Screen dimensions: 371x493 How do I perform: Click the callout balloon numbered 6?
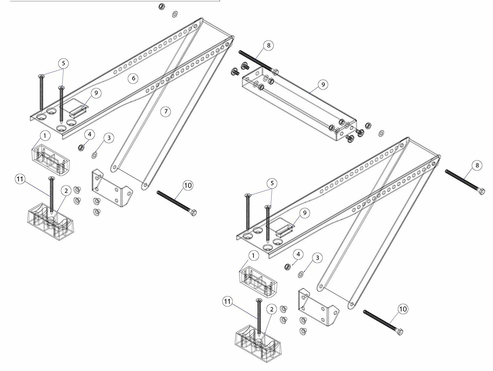pos(133,78)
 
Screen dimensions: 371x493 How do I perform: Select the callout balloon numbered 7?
pos(166,111)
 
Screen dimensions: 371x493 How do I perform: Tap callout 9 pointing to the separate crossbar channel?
pos(323,85)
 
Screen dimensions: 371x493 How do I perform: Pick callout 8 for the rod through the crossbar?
pos(268,45)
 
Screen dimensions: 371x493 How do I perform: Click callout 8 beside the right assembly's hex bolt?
pos(477,165)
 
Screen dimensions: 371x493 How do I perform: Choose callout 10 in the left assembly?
pos(188,185)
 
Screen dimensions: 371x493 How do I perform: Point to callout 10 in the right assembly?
pos(403,309)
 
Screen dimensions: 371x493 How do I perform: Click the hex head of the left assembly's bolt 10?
pos(194,212)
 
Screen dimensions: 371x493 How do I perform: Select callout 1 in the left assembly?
pos(45,136)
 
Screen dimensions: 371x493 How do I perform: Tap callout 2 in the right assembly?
pos(271,309)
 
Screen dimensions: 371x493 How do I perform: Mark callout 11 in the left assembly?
pos(20,179)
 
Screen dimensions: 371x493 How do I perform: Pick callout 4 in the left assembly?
pos(89,134)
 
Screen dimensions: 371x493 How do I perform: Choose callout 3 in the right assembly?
pos(317,258)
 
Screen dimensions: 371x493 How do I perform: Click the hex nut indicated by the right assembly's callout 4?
pos(287,266)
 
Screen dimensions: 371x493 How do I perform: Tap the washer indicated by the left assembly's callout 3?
pos(95,154)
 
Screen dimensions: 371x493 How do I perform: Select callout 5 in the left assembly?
pos(64,63)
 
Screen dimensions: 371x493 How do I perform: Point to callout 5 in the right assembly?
pos(271,183)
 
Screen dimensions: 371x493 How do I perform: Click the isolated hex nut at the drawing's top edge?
pos(161,6)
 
